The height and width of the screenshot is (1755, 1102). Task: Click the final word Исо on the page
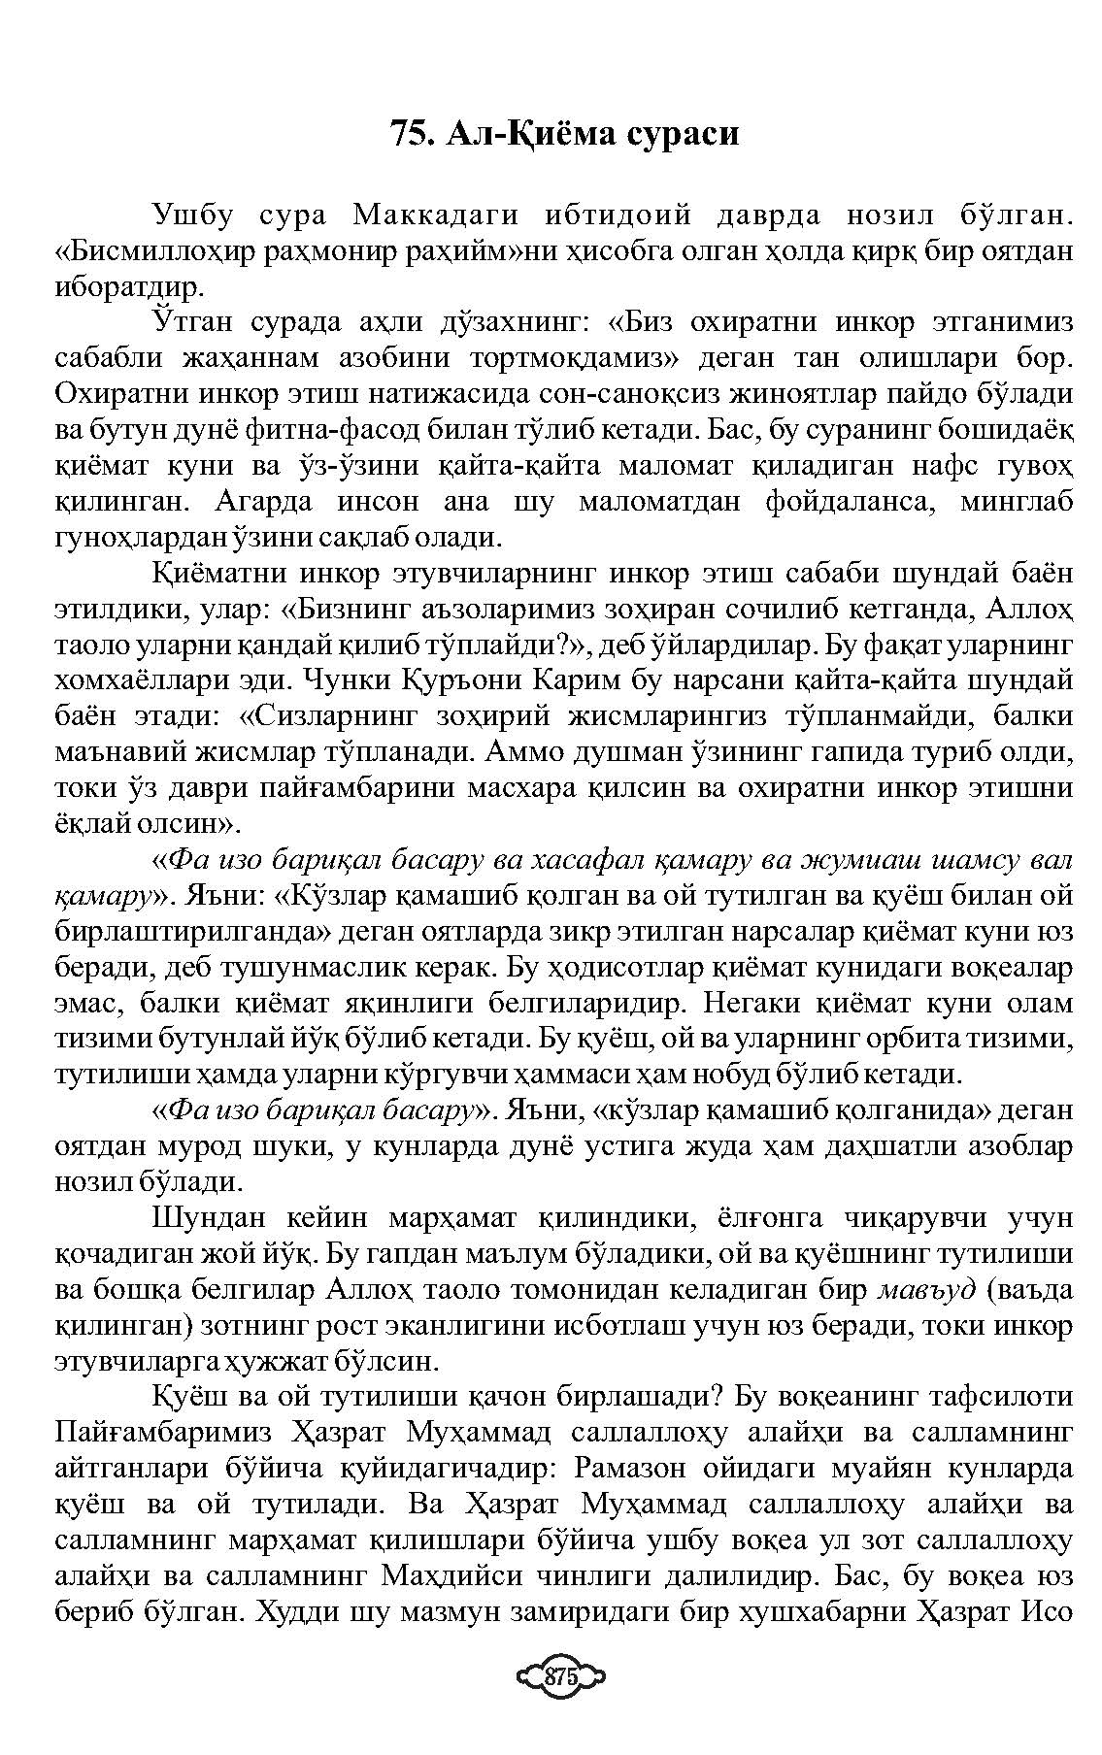[1047, 1612]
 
